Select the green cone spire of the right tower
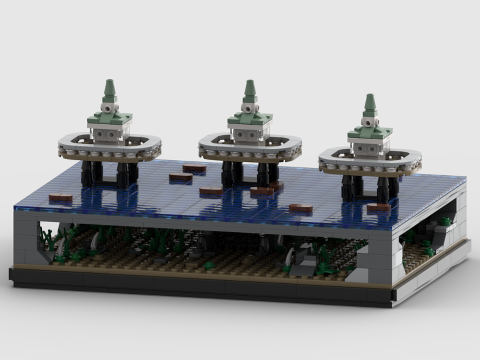coord(370,103)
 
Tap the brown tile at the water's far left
coord(60,197)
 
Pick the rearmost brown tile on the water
coord(194,168)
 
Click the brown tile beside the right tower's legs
coord(378,207)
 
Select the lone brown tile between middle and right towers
coord(300,208)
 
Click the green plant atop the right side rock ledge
coord(446,221)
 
